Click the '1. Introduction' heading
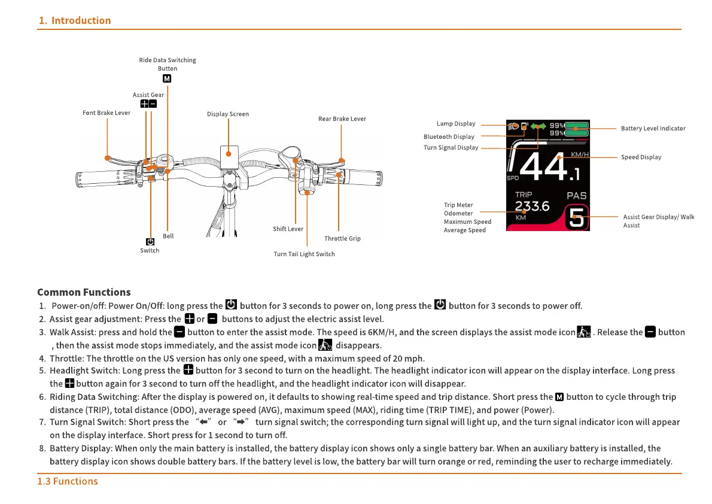click(x=75, y=20)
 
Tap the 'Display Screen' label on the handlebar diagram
click(x=228, y=114)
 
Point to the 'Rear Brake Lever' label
click(x=342, y=119)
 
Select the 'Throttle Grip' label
click(x=342, y=238)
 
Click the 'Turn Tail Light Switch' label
click(x=304, y=254)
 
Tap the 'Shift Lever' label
click(x=288, y=229)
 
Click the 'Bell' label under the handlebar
click(x=168, y=236)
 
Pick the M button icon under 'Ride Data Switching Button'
click(x=168, y=78)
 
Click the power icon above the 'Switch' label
click(x=150, y=242)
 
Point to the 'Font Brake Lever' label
click(x=106, y=113)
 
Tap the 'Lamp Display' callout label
click(x=456, y=124)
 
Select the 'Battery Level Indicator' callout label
click(x=653, y=128)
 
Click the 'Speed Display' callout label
click(x=641, y=157)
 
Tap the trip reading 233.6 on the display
click(x=533, y=207)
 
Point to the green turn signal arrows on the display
click(x=538, y=126)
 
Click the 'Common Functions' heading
click(x=84, y=292)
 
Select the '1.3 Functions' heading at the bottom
click(x=68, y=481)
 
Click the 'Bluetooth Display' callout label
click(x=449, y=136)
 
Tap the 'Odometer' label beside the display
click(x=458, y=213)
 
